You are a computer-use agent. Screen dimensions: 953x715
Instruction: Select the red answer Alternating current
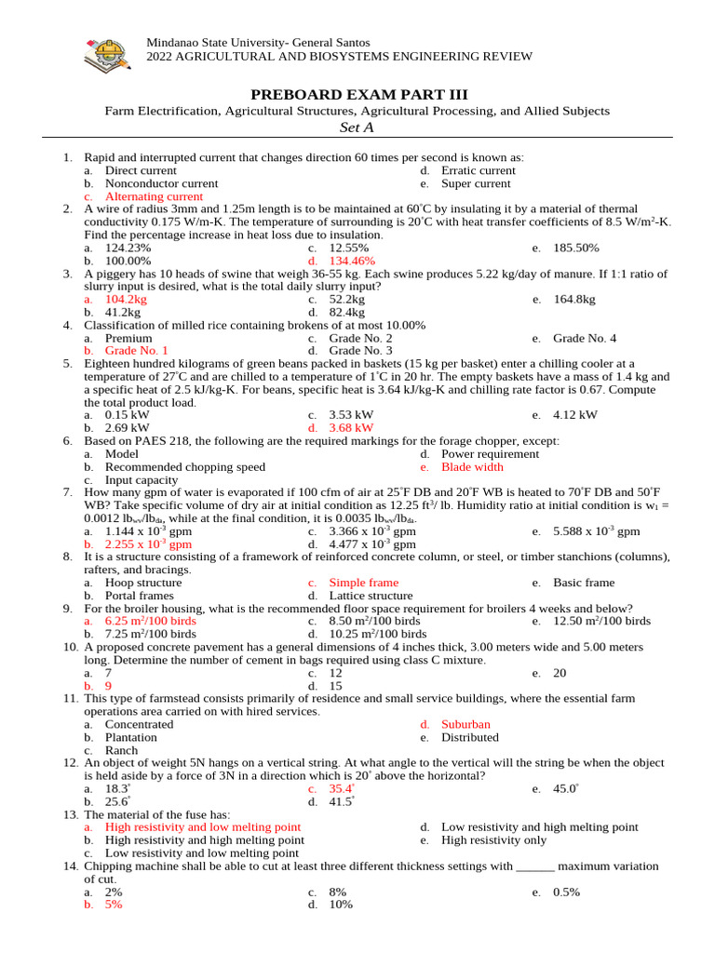click(154, 197)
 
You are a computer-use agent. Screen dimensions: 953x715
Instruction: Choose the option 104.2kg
click(126, 300)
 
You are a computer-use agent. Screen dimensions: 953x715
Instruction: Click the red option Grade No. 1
click(136, 351)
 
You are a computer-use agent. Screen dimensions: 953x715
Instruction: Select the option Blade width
click(472, 467)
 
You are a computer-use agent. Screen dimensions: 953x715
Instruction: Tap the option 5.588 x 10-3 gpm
click(596, 531)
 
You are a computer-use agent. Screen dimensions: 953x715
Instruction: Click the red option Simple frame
click(364, 583)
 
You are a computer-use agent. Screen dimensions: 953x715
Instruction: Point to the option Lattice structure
click(371, 596)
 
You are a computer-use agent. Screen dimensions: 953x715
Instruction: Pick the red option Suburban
click(465, 724)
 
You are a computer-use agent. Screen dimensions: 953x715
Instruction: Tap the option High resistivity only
click(493, 839)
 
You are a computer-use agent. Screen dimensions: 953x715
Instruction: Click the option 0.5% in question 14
click(566, 892)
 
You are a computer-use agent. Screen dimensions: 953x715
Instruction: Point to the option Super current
click(476, 184)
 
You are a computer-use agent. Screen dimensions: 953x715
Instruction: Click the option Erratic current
click(478, 171)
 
